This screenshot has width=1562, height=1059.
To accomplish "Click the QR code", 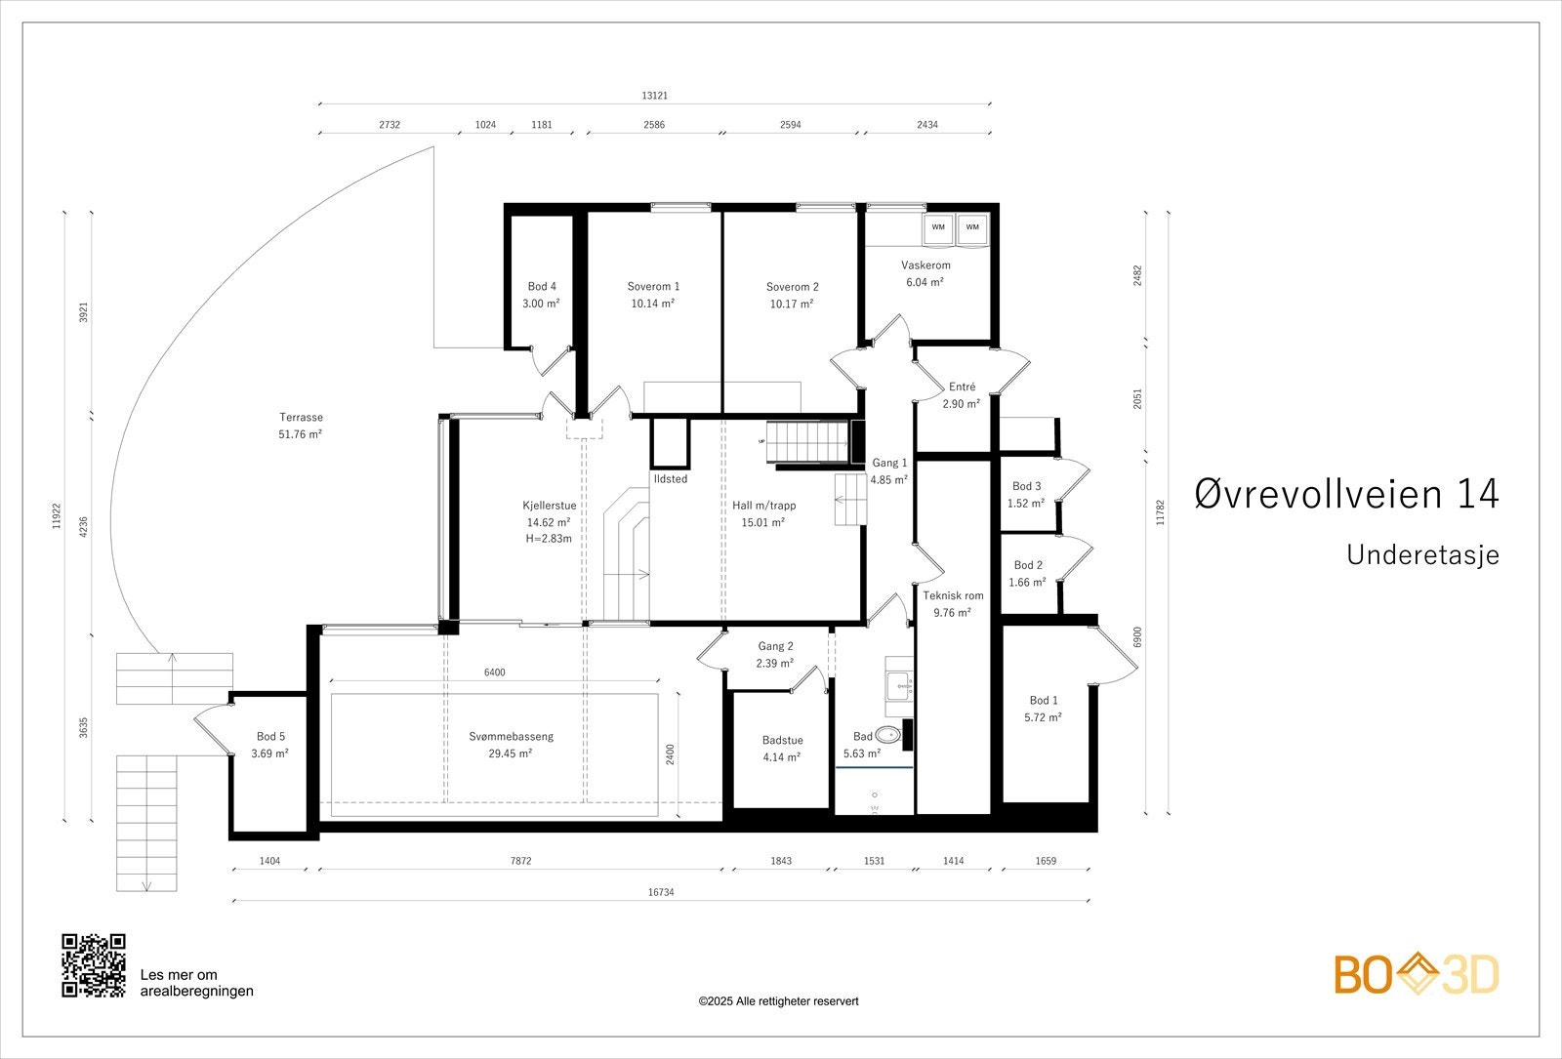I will point(94,965).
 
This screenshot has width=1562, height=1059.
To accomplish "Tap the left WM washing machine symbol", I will point(938,227).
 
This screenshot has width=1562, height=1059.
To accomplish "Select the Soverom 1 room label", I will point(653,286).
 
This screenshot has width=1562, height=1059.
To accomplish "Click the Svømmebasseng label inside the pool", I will point(511,736).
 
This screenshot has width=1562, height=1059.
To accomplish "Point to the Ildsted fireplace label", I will point(671,479).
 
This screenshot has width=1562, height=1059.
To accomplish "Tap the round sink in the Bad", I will point(888,735).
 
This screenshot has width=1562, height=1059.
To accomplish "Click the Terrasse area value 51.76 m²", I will point(300,434).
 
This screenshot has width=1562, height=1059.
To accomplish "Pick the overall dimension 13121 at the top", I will point(654,96).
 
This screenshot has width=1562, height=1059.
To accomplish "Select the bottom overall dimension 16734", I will point(661,892).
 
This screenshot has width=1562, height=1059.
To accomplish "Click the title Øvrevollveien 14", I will point(1346,494).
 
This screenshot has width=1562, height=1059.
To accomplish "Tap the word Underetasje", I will point(1422,554).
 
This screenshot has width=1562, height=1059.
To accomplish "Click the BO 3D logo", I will point(1416,974).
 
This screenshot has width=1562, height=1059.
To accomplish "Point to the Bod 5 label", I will point(270,737).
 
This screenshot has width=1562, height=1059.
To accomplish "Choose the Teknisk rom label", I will point(953,595).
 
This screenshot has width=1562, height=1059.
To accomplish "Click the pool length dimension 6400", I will point(495,672).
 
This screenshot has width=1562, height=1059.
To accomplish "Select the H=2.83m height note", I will point(549,538).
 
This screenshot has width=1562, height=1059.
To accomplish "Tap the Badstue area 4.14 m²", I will point(781,756).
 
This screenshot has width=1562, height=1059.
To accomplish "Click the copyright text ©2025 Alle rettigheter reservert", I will point(778,1001).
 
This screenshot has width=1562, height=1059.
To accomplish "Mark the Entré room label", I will point(961,387).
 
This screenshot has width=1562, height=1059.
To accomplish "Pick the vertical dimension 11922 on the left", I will point(57,515).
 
